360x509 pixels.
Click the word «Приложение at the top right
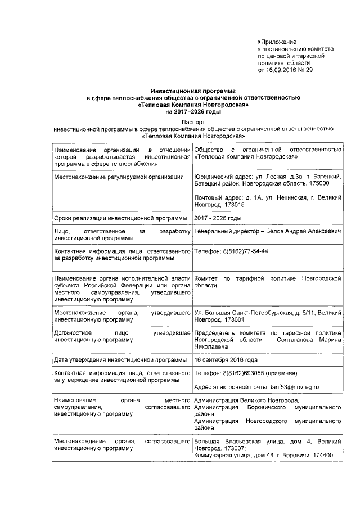click(x=276, y=42)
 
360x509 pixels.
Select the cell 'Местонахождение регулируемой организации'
click(x=118, y=177)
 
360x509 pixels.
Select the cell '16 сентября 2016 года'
click(x=226, y=359)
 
